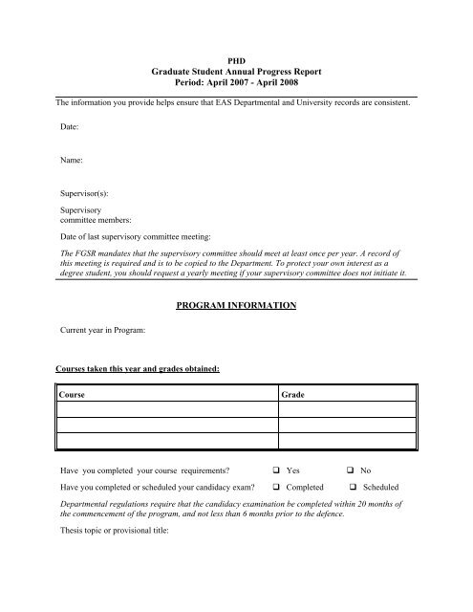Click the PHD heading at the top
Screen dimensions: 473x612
[x=237, y=57]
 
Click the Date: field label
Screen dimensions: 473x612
[x=70, y=125]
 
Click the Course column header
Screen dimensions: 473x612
[x=75, y=393]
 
